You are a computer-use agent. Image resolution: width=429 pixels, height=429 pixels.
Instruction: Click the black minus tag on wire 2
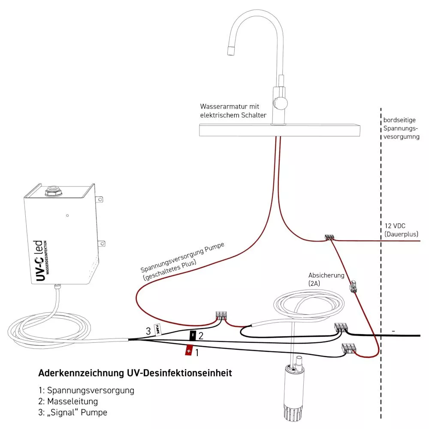(193, 335)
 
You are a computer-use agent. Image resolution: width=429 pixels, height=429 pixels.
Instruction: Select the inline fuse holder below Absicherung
(354, 286)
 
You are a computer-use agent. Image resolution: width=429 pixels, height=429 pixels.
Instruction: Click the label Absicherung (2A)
(326, 279)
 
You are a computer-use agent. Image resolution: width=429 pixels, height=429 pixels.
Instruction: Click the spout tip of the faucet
(232, 50)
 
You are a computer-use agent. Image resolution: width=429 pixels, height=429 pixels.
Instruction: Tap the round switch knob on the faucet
(281, 103)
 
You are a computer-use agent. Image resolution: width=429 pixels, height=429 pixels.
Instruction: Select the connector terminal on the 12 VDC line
(329, 237)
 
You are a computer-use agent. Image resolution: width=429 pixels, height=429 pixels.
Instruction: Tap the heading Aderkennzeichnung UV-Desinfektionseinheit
(135, 373)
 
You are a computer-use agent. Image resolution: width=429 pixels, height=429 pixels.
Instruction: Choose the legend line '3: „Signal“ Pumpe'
(73, 413)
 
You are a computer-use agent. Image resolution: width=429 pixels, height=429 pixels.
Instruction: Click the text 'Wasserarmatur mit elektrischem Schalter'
(233, 111)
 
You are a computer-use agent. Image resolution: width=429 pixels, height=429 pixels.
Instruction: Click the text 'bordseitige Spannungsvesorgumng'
(401, 128)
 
